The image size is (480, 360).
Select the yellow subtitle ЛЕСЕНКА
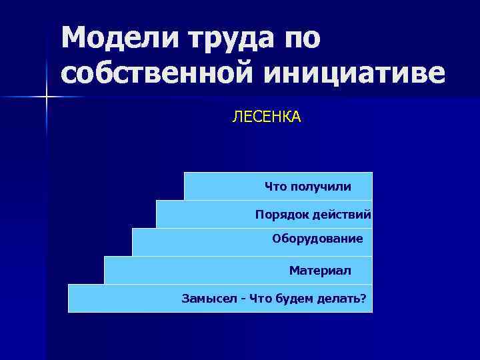(266, 118)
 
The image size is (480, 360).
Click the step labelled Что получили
(307, 187)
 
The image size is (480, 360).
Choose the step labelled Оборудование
(317, 239)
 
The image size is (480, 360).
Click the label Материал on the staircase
(320, 270)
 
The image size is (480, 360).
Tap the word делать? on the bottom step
(343, 298)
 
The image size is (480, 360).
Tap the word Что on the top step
(274, 187)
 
